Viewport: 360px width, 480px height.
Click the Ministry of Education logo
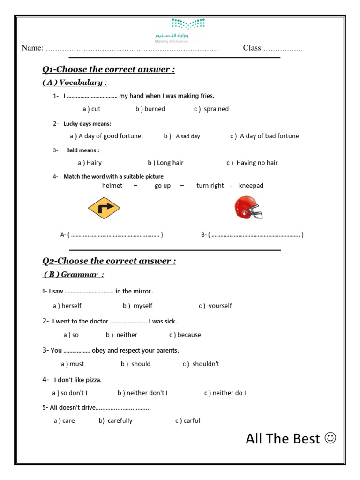[x=180, y=30]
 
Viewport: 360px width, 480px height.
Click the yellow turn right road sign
[x=104, y=208]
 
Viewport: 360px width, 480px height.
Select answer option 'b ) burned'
[x=150, y=109]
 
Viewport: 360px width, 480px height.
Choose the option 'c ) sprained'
[x=211, y=109]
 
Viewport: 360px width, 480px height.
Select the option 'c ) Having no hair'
[x=252, y=163]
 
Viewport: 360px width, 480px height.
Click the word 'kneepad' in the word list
[x=251, y=186]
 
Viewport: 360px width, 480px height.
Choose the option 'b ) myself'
[x=138, y=306]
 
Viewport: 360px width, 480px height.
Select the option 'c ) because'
[x=185, y=335]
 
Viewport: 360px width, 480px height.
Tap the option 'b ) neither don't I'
[x=142, y=393]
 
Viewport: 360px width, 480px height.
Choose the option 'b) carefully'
[x=115, y=420]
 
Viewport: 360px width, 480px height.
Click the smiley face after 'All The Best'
[x=330, y=438]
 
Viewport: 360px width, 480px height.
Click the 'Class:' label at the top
[x=253, y=48]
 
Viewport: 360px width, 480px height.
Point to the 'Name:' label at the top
[x=32, y=48]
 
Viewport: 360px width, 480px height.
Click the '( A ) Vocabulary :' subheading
[x=75, y=82]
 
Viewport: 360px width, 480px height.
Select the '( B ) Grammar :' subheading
[x=74, y=274]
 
